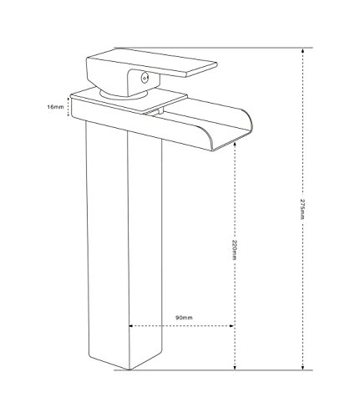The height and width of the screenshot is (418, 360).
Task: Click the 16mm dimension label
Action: point(55,107)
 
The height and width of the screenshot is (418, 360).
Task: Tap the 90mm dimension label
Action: point(184,318)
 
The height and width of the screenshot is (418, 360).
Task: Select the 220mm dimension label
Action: point(234,249)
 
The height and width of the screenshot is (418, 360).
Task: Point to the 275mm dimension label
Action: point(302,209)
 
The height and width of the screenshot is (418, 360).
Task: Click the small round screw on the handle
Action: point(144,78)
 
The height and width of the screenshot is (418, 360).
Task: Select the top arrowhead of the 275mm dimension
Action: point(303,50)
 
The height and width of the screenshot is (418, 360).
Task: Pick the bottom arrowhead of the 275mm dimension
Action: point(303,367)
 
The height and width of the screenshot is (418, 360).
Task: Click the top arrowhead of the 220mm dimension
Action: point(236,144)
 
